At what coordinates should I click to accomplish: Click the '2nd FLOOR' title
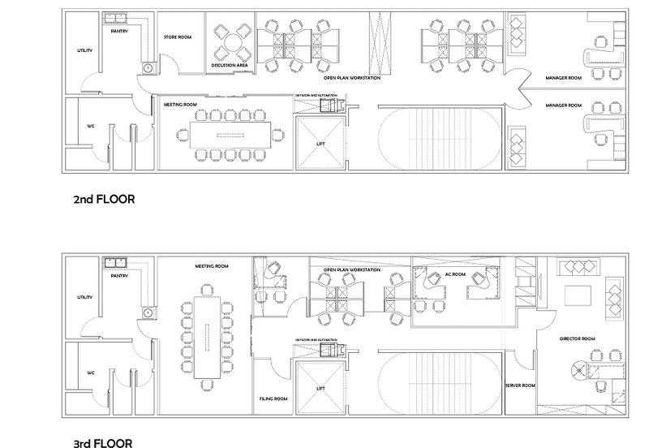point(103,198)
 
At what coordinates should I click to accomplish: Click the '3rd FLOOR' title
point(102,443)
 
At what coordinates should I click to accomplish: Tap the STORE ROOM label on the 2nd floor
point(177,37)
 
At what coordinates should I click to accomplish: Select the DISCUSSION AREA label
point(230,65)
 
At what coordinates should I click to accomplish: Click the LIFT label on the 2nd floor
point(320,144)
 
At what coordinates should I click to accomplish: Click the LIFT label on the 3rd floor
point(320,389)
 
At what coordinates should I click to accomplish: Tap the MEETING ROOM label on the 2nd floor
point(181,105)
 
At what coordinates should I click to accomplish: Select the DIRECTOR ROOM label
point(578,338)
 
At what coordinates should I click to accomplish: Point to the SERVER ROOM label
point(519,386)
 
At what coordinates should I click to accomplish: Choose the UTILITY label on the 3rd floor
point(85,297)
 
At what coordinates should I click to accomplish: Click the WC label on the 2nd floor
point(92,127)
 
